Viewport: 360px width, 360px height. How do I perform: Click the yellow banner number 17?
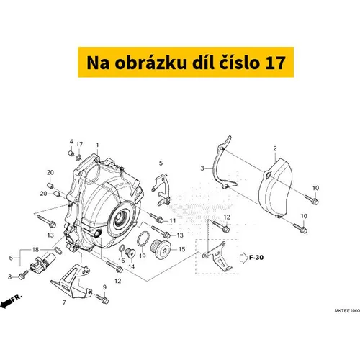click(275, 63)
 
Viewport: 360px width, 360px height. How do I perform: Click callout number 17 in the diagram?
click(79, 144)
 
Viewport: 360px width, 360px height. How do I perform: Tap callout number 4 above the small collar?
click(71, 142)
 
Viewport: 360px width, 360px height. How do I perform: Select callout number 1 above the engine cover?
click(97, 145)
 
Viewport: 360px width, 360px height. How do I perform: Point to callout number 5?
click(161, 163)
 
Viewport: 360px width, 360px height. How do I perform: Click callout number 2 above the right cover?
click(275, 148)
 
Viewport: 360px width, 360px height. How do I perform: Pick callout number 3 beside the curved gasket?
click(202, 168)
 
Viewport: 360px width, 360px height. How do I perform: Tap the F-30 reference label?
click(256, 258)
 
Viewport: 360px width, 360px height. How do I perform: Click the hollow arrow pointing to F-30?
click(244, 258)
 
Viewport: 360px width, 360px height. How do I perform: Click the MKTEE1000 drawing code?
click(347, 310)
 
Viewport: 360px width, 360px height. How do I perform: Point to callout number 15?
click(182, 249)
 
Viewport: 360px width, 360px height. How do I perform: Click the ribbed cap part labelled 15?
click(161, 249)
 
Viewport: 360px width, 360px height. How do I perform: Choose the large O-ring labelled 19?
click(143, 239)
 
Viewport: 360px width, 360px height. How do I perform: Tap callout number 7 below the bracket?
click(64, 302)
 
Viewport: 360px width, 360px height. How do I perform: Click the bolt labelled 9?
click(102, 299)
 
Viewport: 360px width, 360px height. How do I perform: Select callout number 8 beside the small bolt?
click(10, 276)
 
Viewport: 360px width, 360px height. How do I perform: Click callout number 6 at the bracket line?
click(11, 258)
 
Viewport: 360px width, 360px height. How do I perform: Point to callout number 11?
click(173, 221)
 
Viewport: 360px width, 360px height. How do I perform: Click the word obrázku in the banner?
click(150, 62)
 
